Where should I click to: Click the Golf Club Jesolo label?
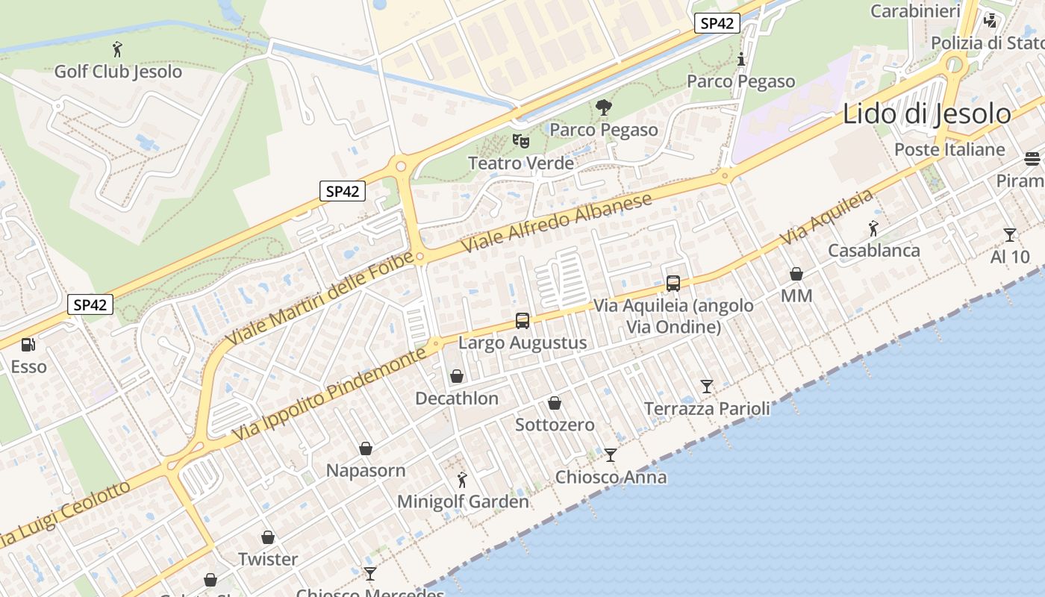point(118,72)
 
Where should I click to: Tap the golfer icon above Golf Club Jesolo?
point(117,50)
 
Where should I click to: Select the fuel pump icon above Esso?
point(28,344)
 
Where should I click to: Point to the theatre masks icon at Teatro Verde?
point(520,140)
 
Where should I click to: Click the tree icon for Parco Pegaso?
point(603,107)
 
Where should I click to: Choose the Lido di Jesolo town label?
point(926,114)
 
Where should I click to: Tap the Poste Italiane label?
point(949,149)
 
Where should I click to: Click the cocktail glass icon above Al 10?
point(1009,235)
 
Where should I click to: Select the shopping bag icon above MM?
point(796,274)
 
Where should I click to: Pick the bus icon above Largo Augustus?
point(522,321)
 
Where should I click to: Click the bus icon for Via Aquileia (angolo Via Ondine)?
point(673,283)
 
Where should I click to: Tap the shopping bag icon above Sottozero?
point(555,403)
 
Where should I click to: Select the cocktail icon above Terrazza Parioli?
point(706,387)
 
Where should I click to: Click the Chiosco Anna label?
point(611,477)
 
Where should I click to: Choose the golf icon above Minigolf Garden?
point(462,479)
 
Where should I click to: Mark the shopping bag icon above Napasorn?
point(366,448)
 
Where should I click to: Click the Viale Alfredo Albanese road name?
point(557,222)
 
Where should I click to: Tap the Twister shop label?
point(268,559)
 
